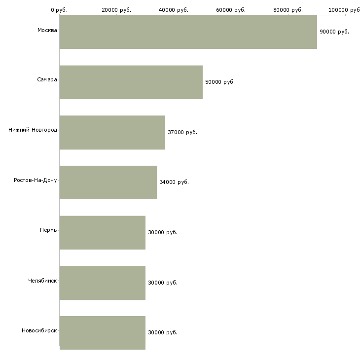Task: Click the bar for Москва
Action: tap(188, 32)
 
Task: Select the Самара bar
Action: tap(131, 82)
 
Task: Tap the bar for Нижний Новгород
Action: tap(112, 132)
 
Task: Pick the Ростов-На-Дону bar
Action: tap(108, 182)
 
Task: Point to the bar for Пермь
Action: tap(102, 232)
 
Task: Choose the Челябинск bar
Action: tap(102, 283)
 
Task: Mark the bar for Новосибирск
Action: tap(102, 332)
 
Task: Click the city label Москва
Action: tap(47, 31)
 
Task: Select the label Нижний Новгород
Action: tap(33, 130)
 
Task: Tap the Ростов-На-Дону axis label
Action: tap(36, 180)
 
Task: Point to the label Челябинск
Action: tap(42, 281)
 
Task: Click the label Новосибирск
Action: tap(39, 330)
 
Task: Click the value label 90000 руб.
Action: tap(334, 32)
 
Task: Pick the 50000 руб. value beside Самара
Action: tap(219, 82)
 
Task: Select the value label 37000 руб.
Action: tap(182, 132)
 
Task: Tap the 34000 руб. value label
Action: tap(174, 182)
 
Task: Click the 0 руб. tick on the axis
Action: tap(59, 10)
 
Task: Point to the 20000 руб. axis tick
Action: tap(116, 10)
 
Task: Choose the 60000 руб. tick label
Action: tap(231, 10)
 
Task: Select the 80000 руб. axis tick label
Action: tap(288, 10)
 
